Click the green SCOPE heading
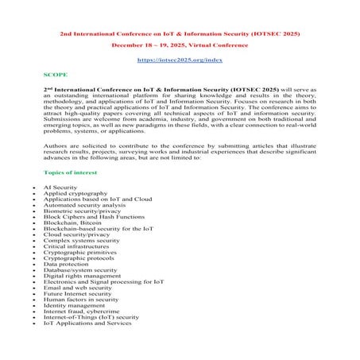[55, 74]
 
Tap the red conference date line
[179, 45]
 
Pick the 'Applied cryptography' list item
[75, 193]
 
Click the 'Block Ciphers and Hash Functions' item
[92, 219]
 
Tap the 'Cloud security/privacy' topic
[77, 238]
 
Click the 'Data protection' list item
[68, 270]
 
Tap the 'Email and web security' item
[78, 296]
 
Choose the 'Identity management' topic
[75, 315]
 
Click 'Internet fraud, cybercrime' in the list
[82, 322]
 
